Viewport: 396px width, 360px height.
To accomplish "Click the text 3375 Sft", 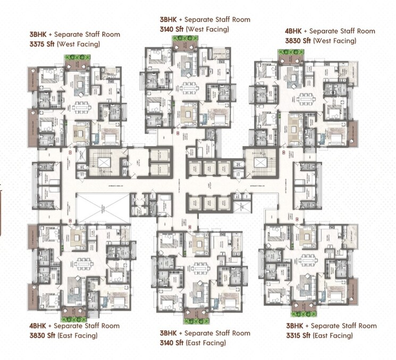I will (x=42, y=44).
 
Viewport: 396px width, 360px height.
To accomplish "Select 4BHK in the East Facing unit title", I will (x=38, y=326).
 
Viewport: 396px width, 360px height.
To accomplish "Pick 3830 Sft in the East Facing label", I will (x=42, y=336).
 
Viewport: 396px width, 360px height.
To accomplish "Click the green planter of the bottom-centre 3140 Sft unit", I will (x=197, y=320).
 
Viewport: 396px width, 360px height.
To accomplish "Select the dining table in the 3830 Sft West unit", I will (x=308, y=100).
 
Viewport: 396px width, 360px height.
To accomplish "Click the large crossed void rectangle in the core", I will (x=103, y=208).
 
